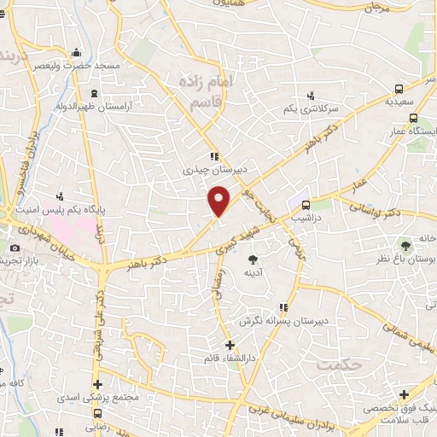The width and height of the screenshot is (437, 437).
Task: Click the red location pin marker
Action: pyautogui.click(x=219, y=200)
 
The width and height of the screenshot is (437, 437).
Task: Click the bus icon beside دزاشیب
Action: pyautogui.click(x=304, y=205)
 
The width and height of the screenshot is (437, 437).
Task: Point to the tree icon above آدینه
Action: pyautogui.click(x=253, y=259)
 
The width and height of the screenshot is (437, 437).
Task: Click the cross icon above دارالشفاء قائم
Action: pyautogui.click(x=229, y=345)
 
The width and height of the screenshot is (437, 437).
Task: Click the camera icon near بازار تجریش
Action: pyautogui.click(x=15, y=248)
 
